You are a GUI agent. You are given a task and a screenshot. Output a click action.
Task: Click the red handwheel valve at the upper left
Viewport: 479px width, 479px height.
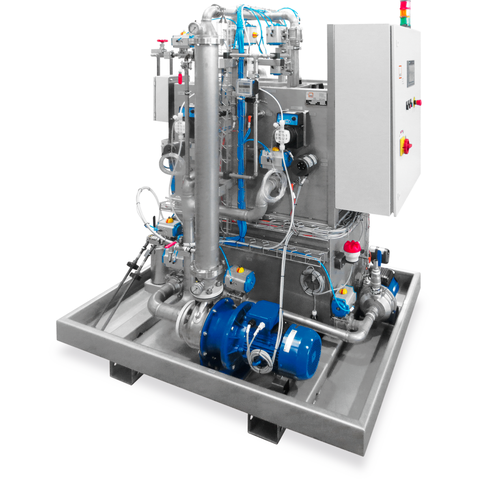point(163,41)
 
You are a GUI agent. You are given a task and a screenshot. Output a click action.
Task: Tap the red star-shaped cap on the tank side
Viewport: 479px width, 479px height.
point(352,246)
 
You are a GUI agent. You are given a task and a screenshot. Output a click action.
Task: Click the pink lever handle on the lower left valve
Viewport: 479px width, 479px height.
point(173,244)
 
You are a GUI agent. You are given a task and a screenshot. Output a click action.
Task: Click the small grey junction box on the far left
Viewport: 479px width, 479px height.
point(160,99)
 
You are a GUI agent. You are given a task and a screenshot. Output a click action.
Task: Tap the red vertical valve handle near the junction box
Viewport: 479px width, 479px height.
point(181,76)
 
